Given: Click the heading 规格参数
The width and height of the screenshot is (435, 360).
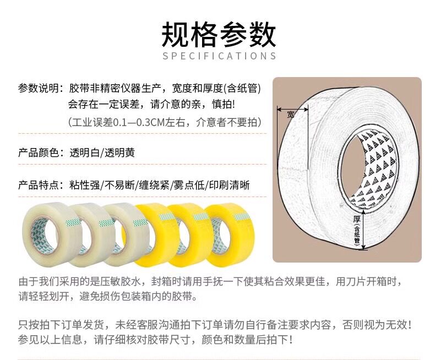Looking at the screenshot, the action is click(219, 35).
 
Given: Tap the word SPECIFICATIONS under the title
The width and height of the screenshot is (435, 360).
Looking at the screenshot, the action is click(219, 56).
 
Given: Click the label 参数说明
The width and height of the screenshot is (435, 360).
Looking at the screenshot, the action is click(39, 88).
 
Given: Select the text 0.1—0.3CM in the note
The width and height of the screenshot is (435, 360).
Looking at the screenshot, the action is click(139, 122).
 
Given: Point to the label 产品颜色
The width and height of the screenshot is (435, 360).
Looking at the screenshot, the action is click(39, 152).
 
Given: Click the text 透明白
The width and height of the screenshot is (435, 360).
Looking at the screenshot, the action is click(84, 152).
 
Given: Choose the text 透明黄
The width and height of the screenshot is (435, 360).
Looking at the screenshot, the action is click(119, 152).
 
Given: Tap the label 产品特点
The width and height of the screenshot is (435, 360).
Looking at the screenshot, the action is click(39, 185).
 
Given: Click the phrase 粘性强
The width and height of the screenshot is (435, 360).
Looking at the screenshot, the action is click(84, 185).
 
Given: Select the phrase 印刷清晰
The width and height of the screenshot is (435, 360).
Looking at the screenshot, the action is click(230, 185).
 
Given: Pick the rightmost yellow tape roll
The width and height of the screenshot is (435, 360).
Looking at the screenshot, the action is click(230, 233).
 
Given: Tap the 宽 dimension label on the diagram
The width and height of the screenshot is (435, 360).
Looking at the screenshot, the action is click(290, 114).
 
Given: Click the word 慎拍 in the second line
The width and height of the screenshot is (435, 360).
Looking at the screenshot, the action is click(222, 105).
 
